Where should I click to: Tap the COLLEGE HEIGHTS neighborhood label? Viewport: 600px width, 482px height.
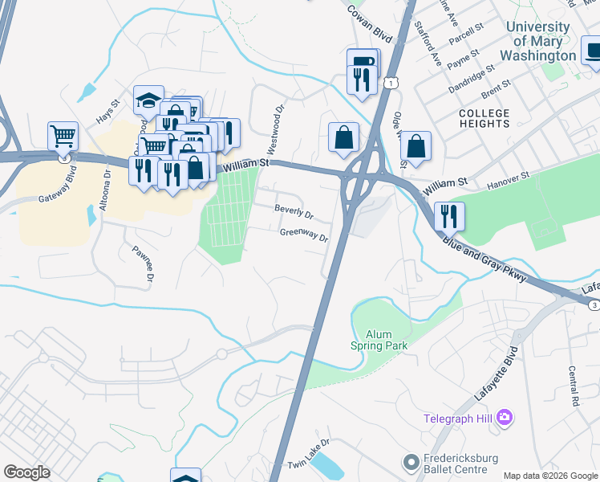pos(484,118)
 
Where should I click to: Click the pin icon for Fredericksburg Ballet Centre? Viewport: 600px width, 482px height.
pos(411,462)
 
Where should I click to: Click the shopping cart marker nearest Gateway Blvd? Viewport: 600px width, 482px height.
pos(63,137)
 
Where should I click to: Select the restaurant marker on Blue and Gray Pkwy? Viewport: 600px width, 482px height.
pos(449,215)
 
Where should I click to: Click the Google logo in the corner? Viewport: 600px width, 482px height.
pos(26,472)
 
